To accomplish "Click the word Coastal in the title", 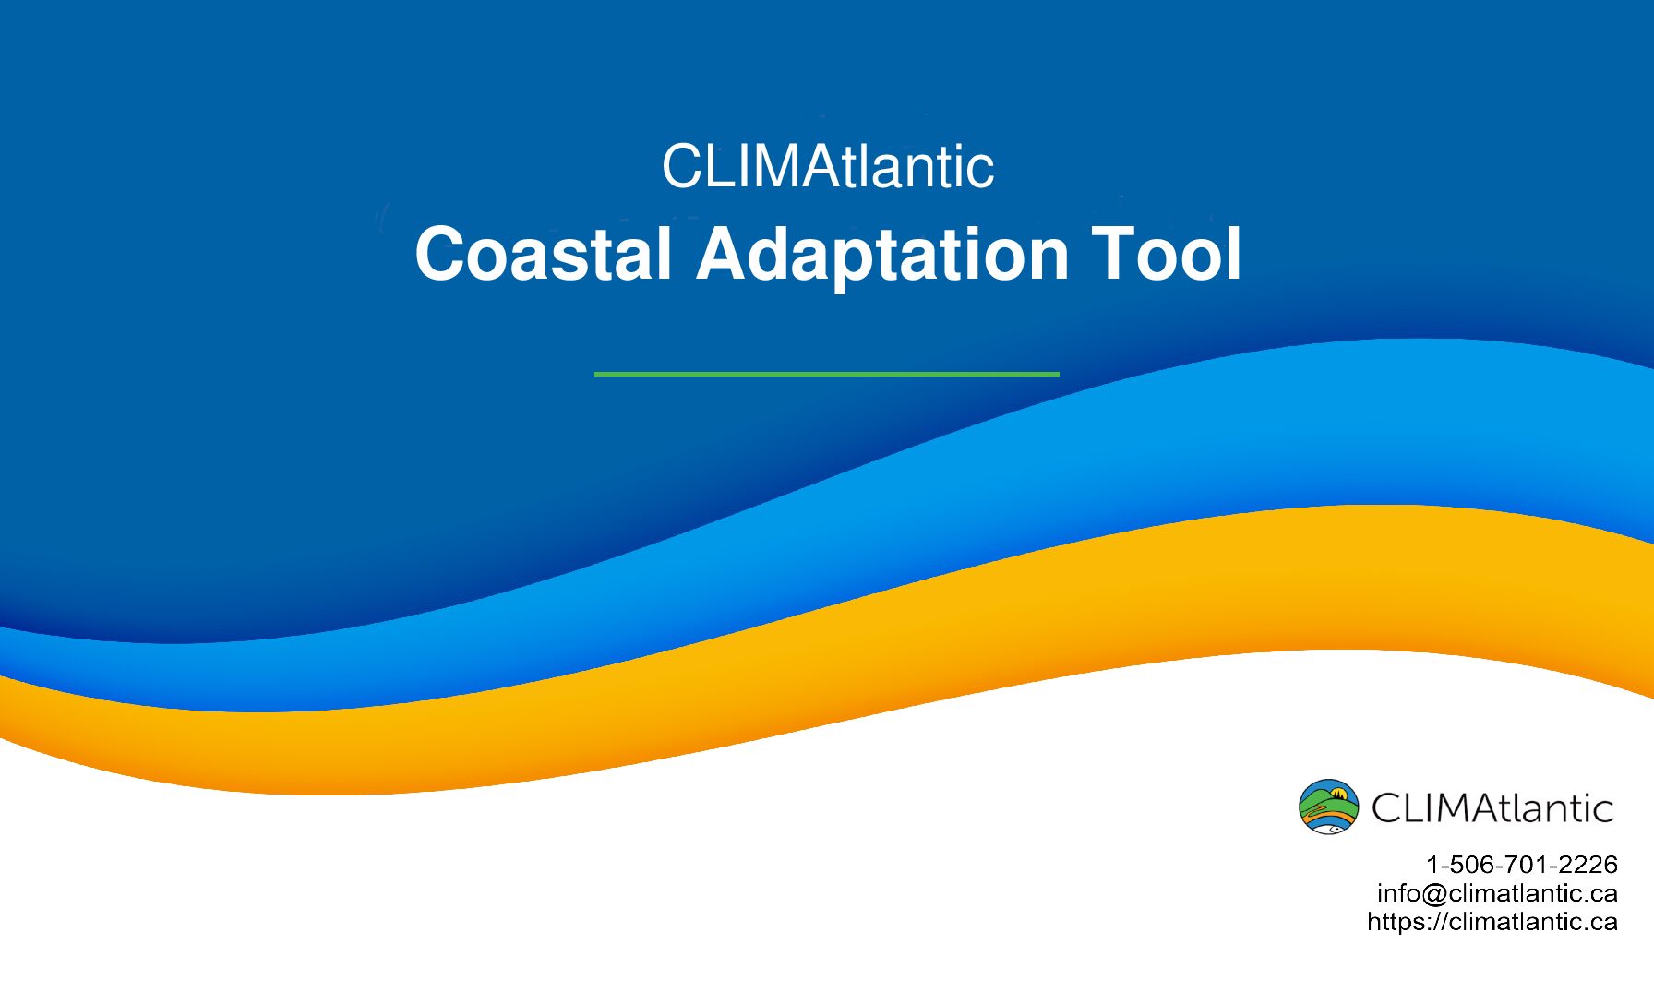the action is tap(544, 254).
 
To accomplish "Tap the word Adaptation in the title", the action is tap(882, 256).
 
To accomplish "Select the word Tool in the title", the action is tap(1168, 254).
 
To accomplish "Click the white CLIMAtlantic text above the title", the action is tap(828, 166).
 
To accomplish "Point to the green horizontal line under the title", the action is tap(827, 374).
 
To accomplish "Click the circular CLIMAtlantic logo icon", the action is tap(1328, 807).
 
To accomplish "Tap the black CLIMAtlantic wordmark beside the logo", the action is tap(1492, 807).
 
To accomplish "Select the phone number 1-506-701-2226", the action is tap(1522, 865).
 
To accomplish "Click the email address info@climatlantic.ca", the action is tap(1497, 893).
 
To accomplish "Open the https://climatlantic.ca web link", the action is tap(1492, 922).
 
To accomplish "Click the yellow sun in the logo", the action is tap(1339, 792).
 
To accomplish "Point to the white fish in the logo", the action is tap(1328, 828).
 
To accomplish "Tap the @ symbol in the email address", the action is tap(1435, 894).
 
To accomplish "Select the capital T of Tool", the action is tap(1114, 253).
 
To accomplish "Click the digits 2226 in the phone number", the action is tap(1588, 865).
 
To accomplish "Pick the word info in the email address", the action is tap(1399, 893).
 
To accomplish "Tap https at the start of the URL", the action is tap(1396, 922).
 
